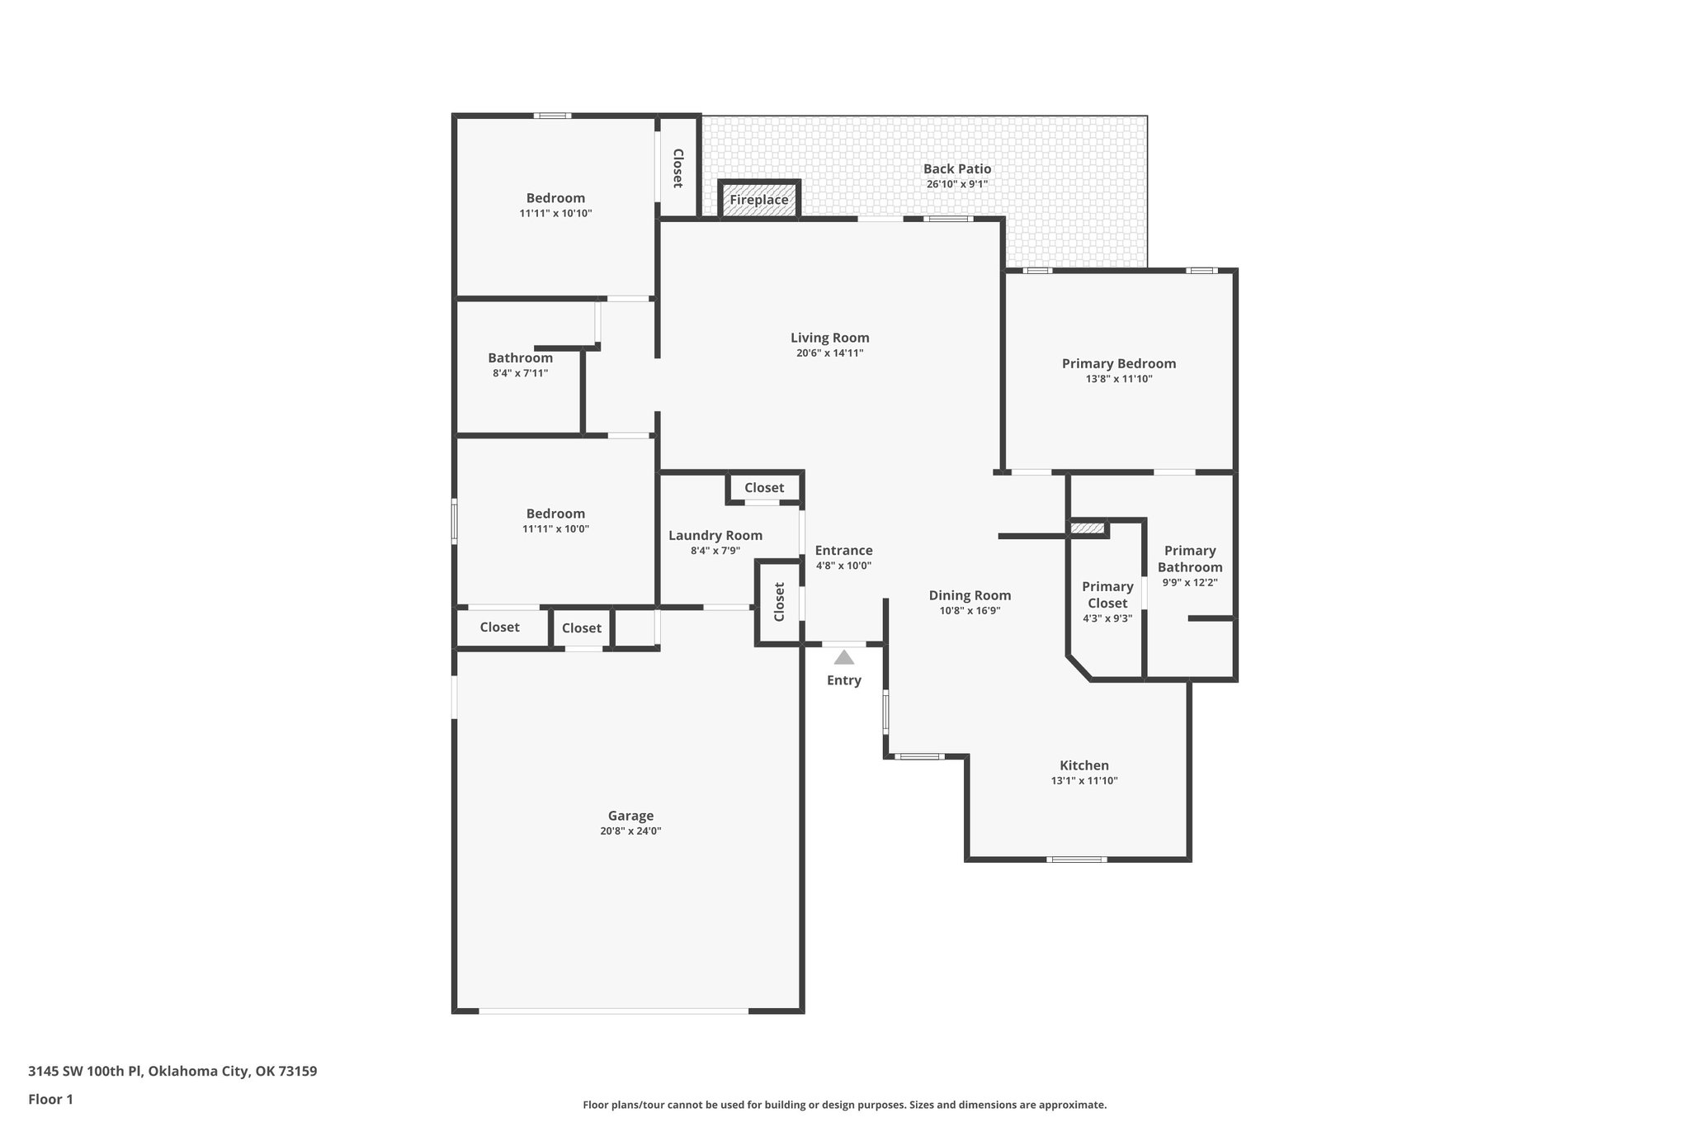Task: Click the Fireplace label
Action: [x=758, y=200]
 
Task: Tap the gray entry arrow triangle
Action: [x=843, y=658]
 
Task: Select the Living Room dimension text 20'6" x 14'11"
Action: [x=829, y=353]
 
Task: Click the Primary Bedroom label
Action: [x=1118, y=363]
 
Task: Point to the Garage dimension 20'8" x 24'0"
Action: [x=630, y=831]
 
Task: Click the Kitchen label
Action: [x=1083, y=765]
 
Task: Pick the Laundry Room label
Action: [x=715, y=535]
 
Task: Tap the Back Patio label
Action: [x=956, y=168]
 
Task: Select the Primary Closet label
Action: [x=1107, y=594]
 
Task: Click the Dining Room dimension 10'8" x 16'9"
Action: [x=970, y=611]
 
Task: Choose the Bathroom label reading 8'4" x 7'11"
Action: [x=520, y=358]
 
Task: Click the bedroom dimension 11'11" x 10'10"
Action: [x=555, y=214]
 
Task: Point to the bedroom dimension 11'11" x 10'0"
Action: [x=555, y=529]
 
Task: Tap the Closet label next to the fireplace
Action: [x=677, y=168]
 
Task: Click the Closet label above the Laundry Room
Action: [x=764, y=488]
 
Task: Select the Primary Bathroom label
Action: [x=1189, y=559]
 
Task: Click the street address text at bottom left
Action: [x=172, y=1072]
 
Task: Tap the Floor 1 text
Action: [x=50, y=1099]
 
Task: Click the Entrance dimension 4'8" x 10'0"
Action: [x=843, y=566]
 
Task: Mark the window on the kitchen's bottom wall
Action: [x=1076, y=859]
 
